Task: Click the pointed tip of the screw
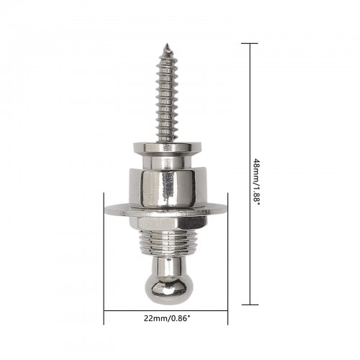(167, 44)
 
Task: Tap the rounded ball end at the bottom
(166, 289)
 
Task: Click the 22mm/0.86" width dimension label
(167, 318)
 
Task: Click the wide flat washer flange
(166, 210)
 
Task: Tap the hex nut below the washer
(168, 222)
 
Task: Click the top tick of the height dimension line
(250, 43)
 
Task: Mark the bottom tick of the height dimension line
(250, 305)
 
